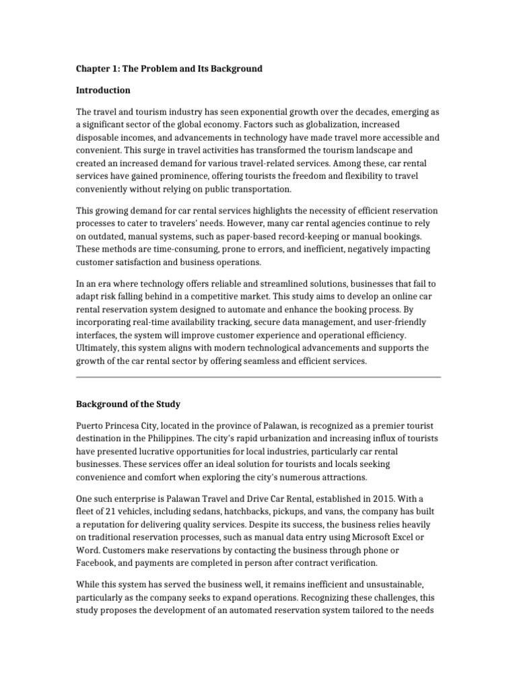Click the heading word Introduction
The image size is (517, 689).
click(103, 90)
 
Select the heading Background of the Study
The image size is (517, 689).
click(128, 404)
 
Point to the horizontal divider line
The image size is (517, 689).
click(258, 377)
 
